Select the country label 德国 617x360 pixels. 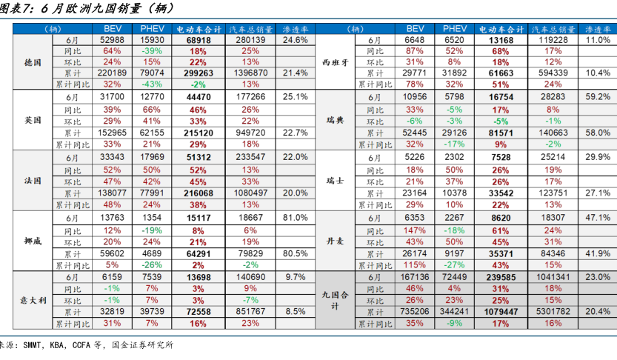(x=33, y=62)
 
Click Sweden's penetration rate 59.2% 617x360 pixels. (x=598, y=96)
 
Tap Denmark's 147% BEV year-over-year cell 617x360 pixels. (x=415, y=230)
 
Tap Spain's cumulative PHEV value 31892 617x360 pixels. (x=455, y=73)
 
